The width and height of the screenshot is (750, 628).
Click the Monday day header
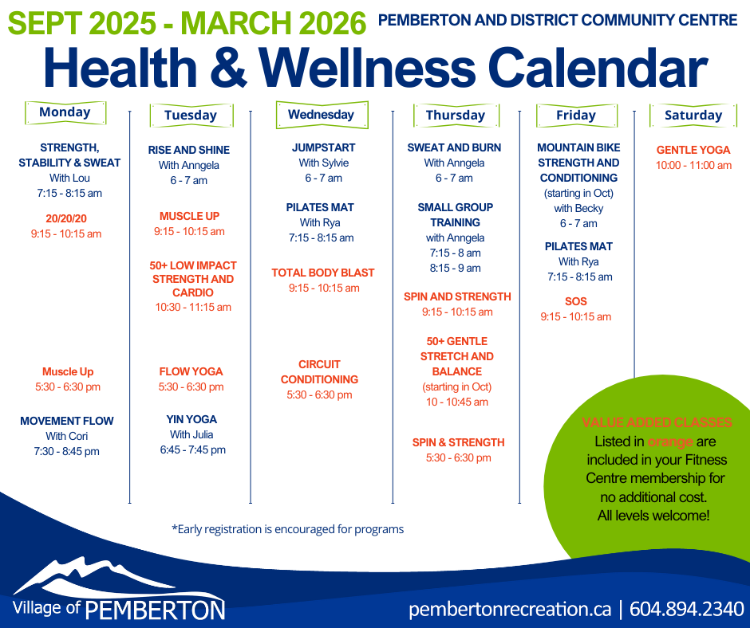click(65, 112)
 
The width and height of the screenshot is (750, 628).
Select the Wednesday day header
click(322, 115)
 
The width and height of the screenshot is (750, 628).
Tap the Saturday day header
click(693, 116)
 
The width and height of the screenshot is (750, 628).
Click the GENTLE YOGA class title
click(693, 150)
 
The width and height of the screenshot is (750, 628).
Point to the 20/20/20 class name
click(66, 219)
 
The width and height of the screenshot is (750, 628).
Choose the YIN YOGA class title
click(191, 420)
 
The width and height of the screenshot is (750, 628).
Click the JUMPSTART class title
click(323, 147)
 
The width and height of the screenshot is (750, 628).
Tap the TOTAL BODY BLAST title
click(323, 273)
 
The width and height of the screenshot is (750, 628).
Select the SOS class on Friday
click(575, 301)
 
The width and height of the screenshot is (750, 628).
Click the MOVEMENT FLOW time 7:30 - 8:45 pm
click(66, 451)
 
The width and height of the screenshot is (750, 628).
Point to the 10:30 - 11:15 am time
click(193, 307)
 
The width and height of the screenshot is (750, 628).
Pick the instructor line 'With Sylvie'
click(323, 163)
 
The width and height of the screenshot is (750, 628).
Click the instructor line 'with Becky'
click(578, 208)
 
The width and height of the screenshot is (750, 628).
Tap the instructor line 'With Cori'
click(66, 436)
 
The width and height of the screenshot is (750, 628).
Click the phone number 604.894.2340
click(686, 610)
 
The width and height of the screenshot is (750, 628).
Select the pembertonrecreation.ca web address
click(510, 610)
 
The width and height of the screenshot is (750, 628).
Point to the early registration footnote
click(287, 529)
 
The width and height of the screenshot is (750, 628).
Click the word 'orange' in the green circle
click(669, 442)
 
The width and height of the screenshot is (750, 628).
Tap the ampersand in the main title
click(228, 68)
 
